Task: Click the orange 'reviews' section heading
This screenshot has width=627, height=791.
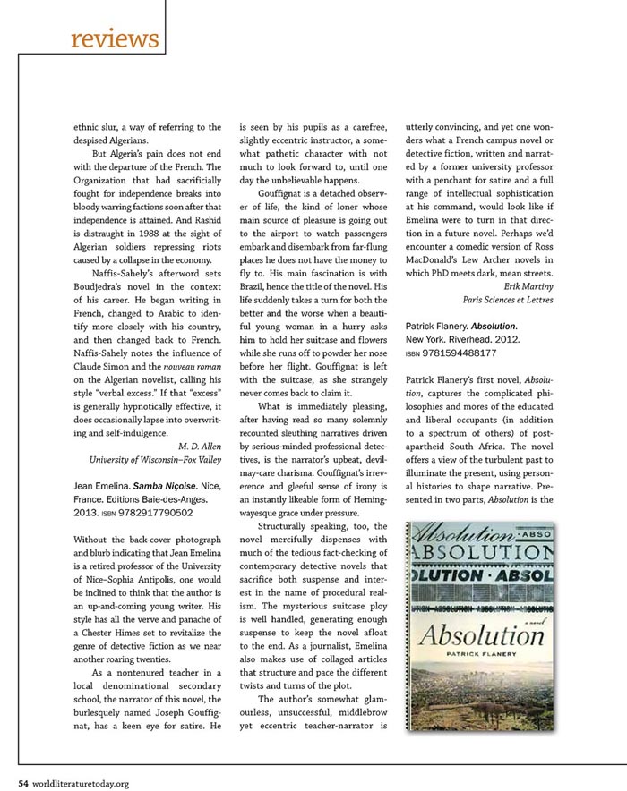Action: tap(114, 39)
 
